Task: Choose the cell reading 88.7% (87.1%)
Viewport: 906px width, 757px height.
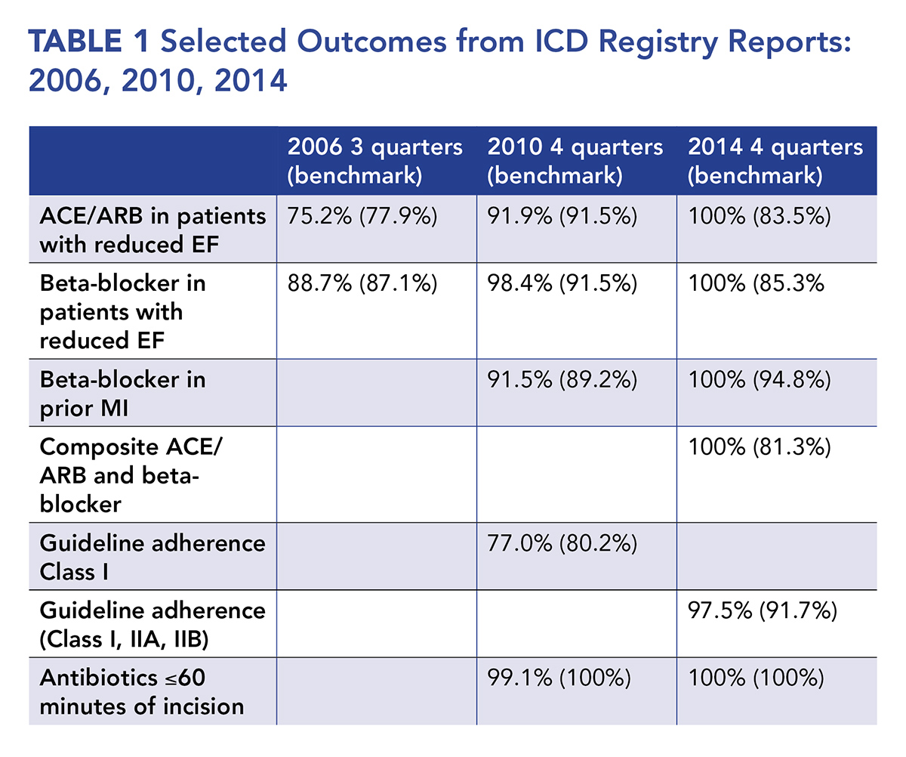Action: click(363, 285)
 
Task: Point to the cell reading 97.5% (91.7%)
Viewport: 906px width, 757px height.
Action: click(763, 611)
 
